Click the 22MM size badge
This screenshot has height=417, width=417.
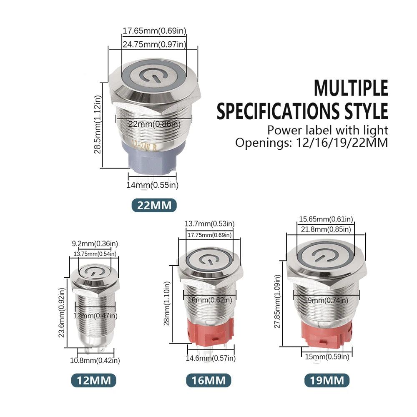[154, 205]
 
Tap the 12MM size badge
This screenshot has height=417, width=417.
[93, 380]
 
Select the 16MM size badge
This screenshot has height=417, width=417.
[208, 380]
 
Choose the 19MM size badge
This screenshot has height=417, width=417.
[327, 380]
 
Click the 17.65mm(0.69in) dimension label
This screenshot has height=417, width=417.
[154, 31]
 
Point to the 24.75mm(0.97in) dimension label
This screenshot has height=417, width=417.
[154, 44]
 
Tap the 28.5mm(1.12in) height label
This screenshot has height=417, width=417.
[98, 124]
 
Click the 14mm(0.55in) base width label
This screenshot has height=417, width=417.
[152, 185]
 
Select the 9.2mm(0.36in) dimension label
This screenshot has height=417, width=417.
[95, 244]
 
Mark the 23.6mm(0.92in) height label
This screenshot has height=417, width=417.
[62, 313]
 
